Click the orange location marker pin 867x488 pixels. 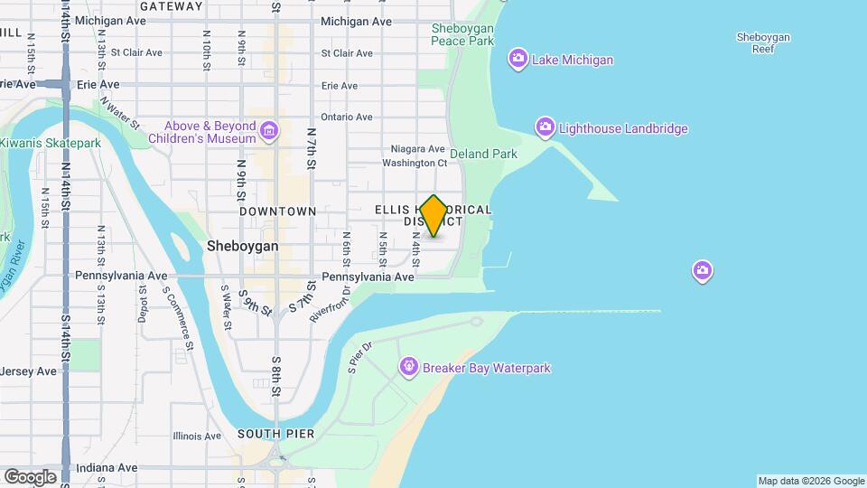point(433,215)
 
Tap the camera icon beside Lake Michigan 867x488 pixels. point(518,60)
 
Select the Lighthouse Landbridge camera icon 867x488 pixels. point(545,128)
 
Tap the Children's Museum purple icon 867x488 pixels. point(268,133)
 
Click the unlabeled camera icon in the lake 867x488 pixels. point(703,270)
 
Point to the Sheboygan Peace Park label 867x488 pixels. point(462,34)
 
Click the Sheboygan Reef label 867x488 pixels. point(763,42)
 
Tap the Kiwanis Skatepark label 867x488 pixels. point(51,143)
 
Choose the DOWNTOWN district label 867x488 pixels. point(277,211)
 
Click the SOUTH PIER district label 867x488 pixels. point(275,434)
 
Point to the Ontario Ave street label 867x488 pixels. point(346,117)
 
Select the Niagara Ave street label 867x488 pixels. point(417,148)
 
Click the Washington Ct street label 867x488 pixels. point(415,164)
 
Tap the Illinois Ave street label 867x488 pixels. point(197,436)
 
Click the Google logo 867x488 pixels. point(30,476)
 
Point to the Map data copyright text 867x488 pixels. point(810,481)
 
